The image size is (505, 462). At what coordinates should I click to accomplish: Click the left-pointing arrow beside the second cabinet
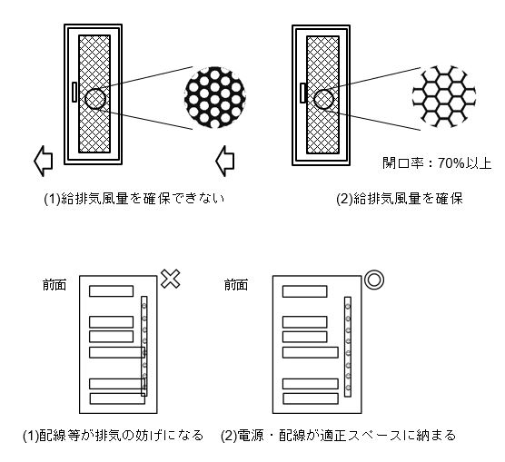coord(225,162)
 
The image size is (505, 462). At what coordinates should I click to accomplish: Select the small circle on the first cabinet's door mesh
coord(95,99)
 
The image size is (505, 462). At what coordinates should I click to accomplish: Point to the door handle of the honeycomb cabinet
coord(301,93)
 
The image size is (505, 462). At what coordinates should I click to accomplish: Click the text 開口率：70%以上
coord(437,164)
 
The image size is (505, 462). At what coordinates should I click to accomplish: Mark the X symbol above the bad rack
coord(169,280)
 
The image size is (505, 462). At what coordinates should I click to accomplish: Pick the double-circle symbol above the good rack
coord(372,280)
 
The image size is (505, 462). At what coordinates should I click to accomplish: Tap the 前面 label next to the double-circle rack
coord(236,284)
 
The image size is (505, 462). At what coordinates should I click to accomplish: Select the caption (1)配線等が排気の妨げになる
coord(114,435)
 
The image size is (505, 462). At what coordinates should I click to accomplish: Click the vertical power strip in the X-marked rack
coord(144,345)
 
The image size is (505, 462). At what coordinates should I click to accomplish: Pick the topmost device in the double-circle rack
coord(304,291)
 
